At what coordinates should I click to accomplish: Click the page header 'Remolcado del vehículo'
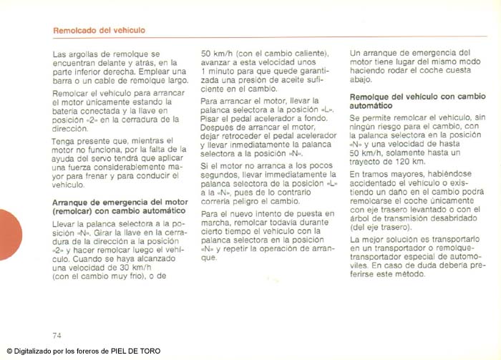[99, 30]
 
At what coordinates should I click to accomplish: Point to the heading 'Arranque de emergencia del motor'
[120, 203]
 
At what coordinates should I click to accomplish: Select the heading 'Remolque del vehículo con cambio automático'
[417, 99]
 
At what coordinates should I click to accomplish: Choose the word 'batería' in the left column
[67, 111]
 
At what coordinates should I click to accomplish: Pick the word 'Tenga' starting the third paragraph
[64, 140]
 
